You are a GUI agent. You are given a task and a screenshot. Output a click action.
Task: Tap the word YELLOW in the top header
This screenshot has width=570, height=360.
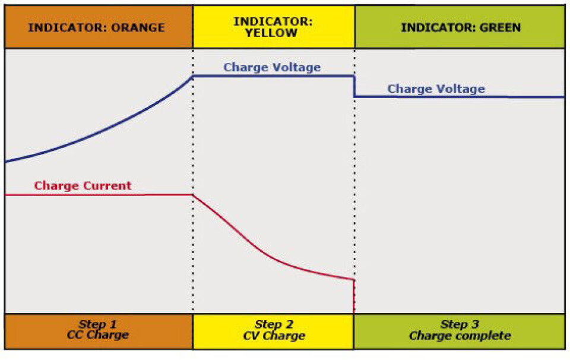point(273,33)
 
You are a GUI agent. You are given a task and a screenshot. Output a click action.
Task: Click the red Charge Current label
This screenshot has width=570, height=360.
point(83,185)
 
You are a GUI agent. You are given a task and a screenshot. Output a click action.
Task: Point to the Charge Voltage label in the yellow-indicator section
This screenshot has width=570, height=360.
point(272,67)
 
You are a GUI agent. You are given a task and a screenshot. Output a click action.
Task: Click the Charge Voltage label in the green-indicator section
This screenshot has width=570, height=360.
point(436,89)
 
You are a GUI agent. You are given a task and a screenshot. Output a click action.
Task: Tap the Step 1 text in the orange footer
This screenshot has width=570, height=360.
point(98,324)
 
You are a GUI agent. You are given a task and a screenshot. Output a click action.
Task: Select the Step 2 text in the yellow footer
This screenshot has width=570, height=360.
point(274,324)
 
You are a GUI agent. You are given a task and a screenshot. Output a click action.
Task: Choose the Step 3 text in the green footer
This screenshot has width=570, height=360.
point(460,324)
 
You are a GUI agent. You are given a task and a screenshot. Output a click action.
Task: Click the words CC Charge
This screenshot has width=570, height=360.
point(98,335)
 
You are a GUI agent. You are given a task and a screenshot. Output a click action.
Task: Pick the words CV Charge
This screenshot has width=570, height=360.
point(274,335)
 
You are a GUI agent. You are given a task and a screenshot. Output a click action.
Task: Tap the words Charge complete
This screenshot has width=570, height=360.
point(460,335)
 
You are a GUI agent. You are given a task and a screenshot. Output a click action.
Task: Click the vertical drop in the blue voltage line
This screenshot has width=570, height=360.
point(354,86)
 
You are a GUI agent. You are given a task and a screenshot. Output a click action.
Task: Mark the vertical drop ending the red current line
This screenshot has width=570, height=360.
point(354,295)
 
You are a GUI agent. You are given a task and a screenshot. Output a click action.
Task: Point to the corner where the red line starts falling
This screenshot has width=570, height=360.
point(192,195)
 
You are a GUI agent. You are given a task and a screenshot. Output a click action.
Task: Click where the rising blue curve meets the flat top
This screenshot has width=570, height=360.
point(192,76)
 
